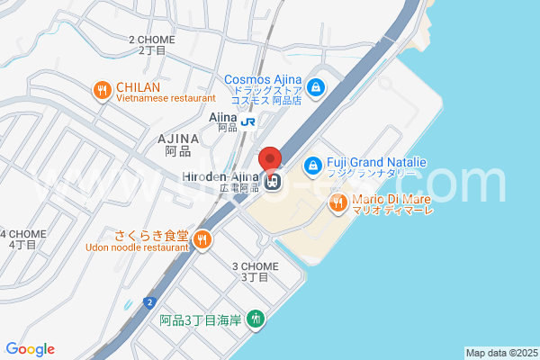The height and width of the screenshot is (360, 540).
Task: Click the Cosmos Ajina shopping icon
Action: [316, 87]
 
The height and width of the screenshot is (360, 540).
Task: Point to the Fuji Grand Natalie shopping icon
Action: [312, 166]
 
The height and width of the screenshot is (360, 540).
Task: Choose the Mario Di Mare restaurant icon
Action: [338, 202]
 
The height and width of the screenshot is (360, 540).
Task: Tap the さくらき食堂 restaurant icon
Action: [202, 239]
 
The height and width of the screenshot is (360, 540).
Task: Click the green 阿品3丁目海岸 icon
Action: [256, 319]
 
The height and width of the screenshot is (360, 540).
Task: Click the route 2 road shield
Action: [147, 301]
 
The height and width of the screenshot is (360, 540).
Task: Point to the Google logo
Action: [30, 349]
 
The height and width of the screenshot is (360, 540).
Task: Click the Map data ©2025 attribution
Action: [501, 353]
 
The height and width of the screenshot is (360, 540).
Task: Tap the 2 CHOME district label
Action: [151, 40]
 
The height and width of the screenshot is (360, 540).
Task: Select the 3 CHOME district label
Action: [256, 266]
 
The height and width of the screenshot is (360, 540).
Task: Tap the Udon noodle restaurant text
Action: [137, 247]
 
